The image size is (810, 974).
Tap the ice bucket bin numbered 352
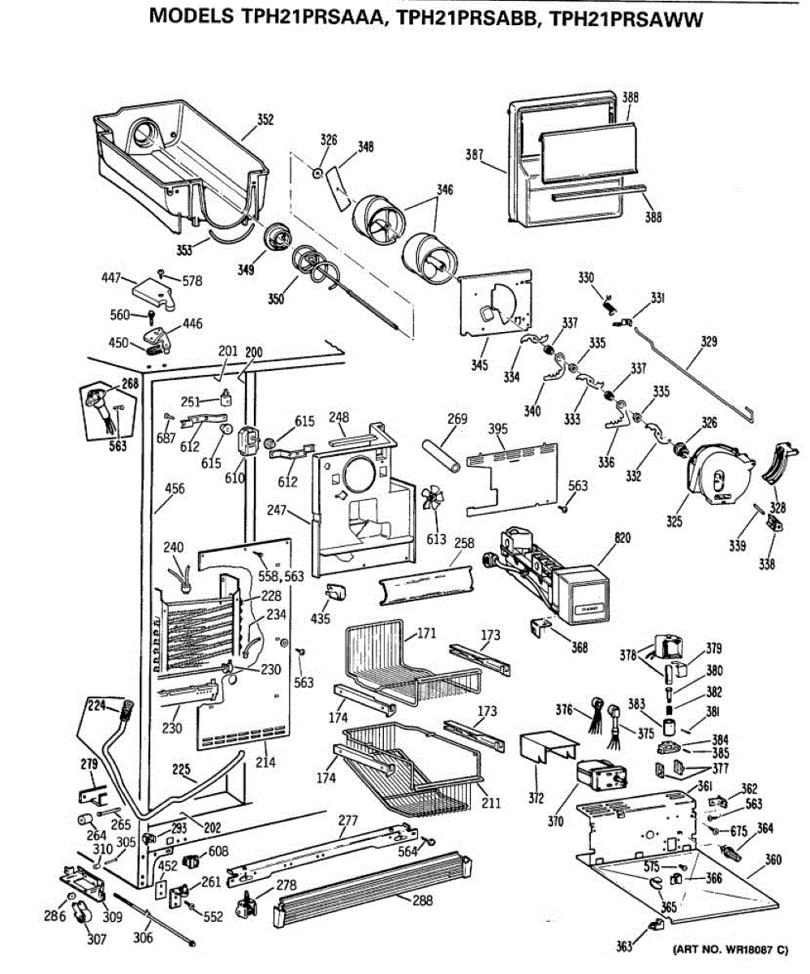[179, 162]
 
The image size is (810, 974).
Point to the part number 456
[174, 489]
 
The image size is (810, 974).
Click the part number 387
[476, 154]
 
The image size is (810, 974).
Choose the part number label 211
[489, 804]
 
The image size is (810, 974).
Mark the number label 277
[348, 821]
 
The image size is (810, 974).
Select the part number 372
[535, 798]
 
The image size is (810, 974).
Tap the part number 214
[265, 762]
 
